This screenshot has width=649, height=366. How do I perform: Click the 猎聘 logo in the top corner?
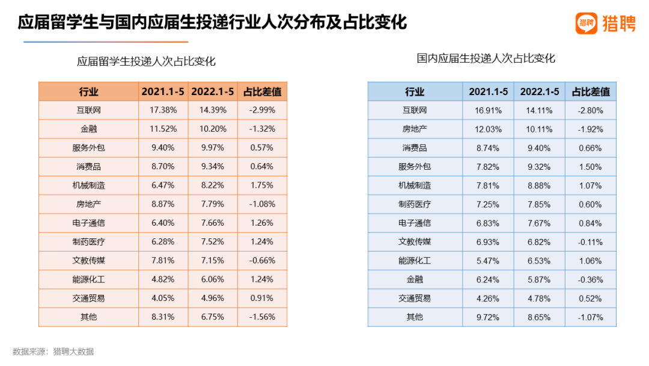point(605,23)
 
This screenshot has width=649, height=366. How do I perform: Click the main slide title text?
point(212,23)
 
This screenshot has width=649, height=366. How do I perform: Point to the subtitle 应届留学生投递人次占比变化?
point(146,61)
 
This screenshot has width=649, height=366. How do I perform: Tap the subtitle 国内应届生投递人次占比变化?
point(486,58)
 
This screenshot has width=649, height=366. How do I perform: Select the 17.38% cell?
point(162,110)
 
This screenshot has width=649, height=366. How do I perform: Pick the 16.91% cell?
point(488,110)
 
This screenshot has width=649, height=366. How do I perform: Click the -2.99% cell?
point(262,110)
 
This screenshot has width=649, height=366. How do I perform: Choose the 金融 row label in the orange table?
point(88,129)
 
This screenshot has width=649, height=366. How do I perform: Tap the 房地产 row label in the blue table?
point(415,129)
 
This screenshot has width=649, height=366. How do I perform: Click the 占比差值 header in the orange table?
point(262,91)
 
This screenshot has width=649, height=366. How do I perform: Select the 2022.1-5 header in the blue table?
point(539,91)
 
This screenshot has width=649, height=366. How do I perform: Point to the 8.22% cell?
point(212,185)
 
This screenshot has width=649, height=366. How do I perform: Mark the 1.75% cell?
point(262,185)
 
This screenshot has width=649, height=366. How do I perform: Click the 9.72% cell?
point(488,317)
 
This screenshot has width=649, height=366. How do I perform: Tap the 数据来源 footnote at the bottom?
point(53,352)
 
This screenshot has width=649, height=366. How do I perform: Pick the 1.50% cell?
point(590,167)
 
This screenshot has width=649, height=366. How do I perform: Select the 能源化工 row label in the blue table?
point(415,261)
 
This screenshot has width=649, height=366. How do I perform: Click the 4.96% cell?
point(212,298)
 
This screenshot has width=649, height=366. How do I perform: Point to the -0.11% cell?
point(590,242)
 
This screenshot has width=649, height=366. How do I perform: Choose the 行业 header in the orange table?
point(88,91)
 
